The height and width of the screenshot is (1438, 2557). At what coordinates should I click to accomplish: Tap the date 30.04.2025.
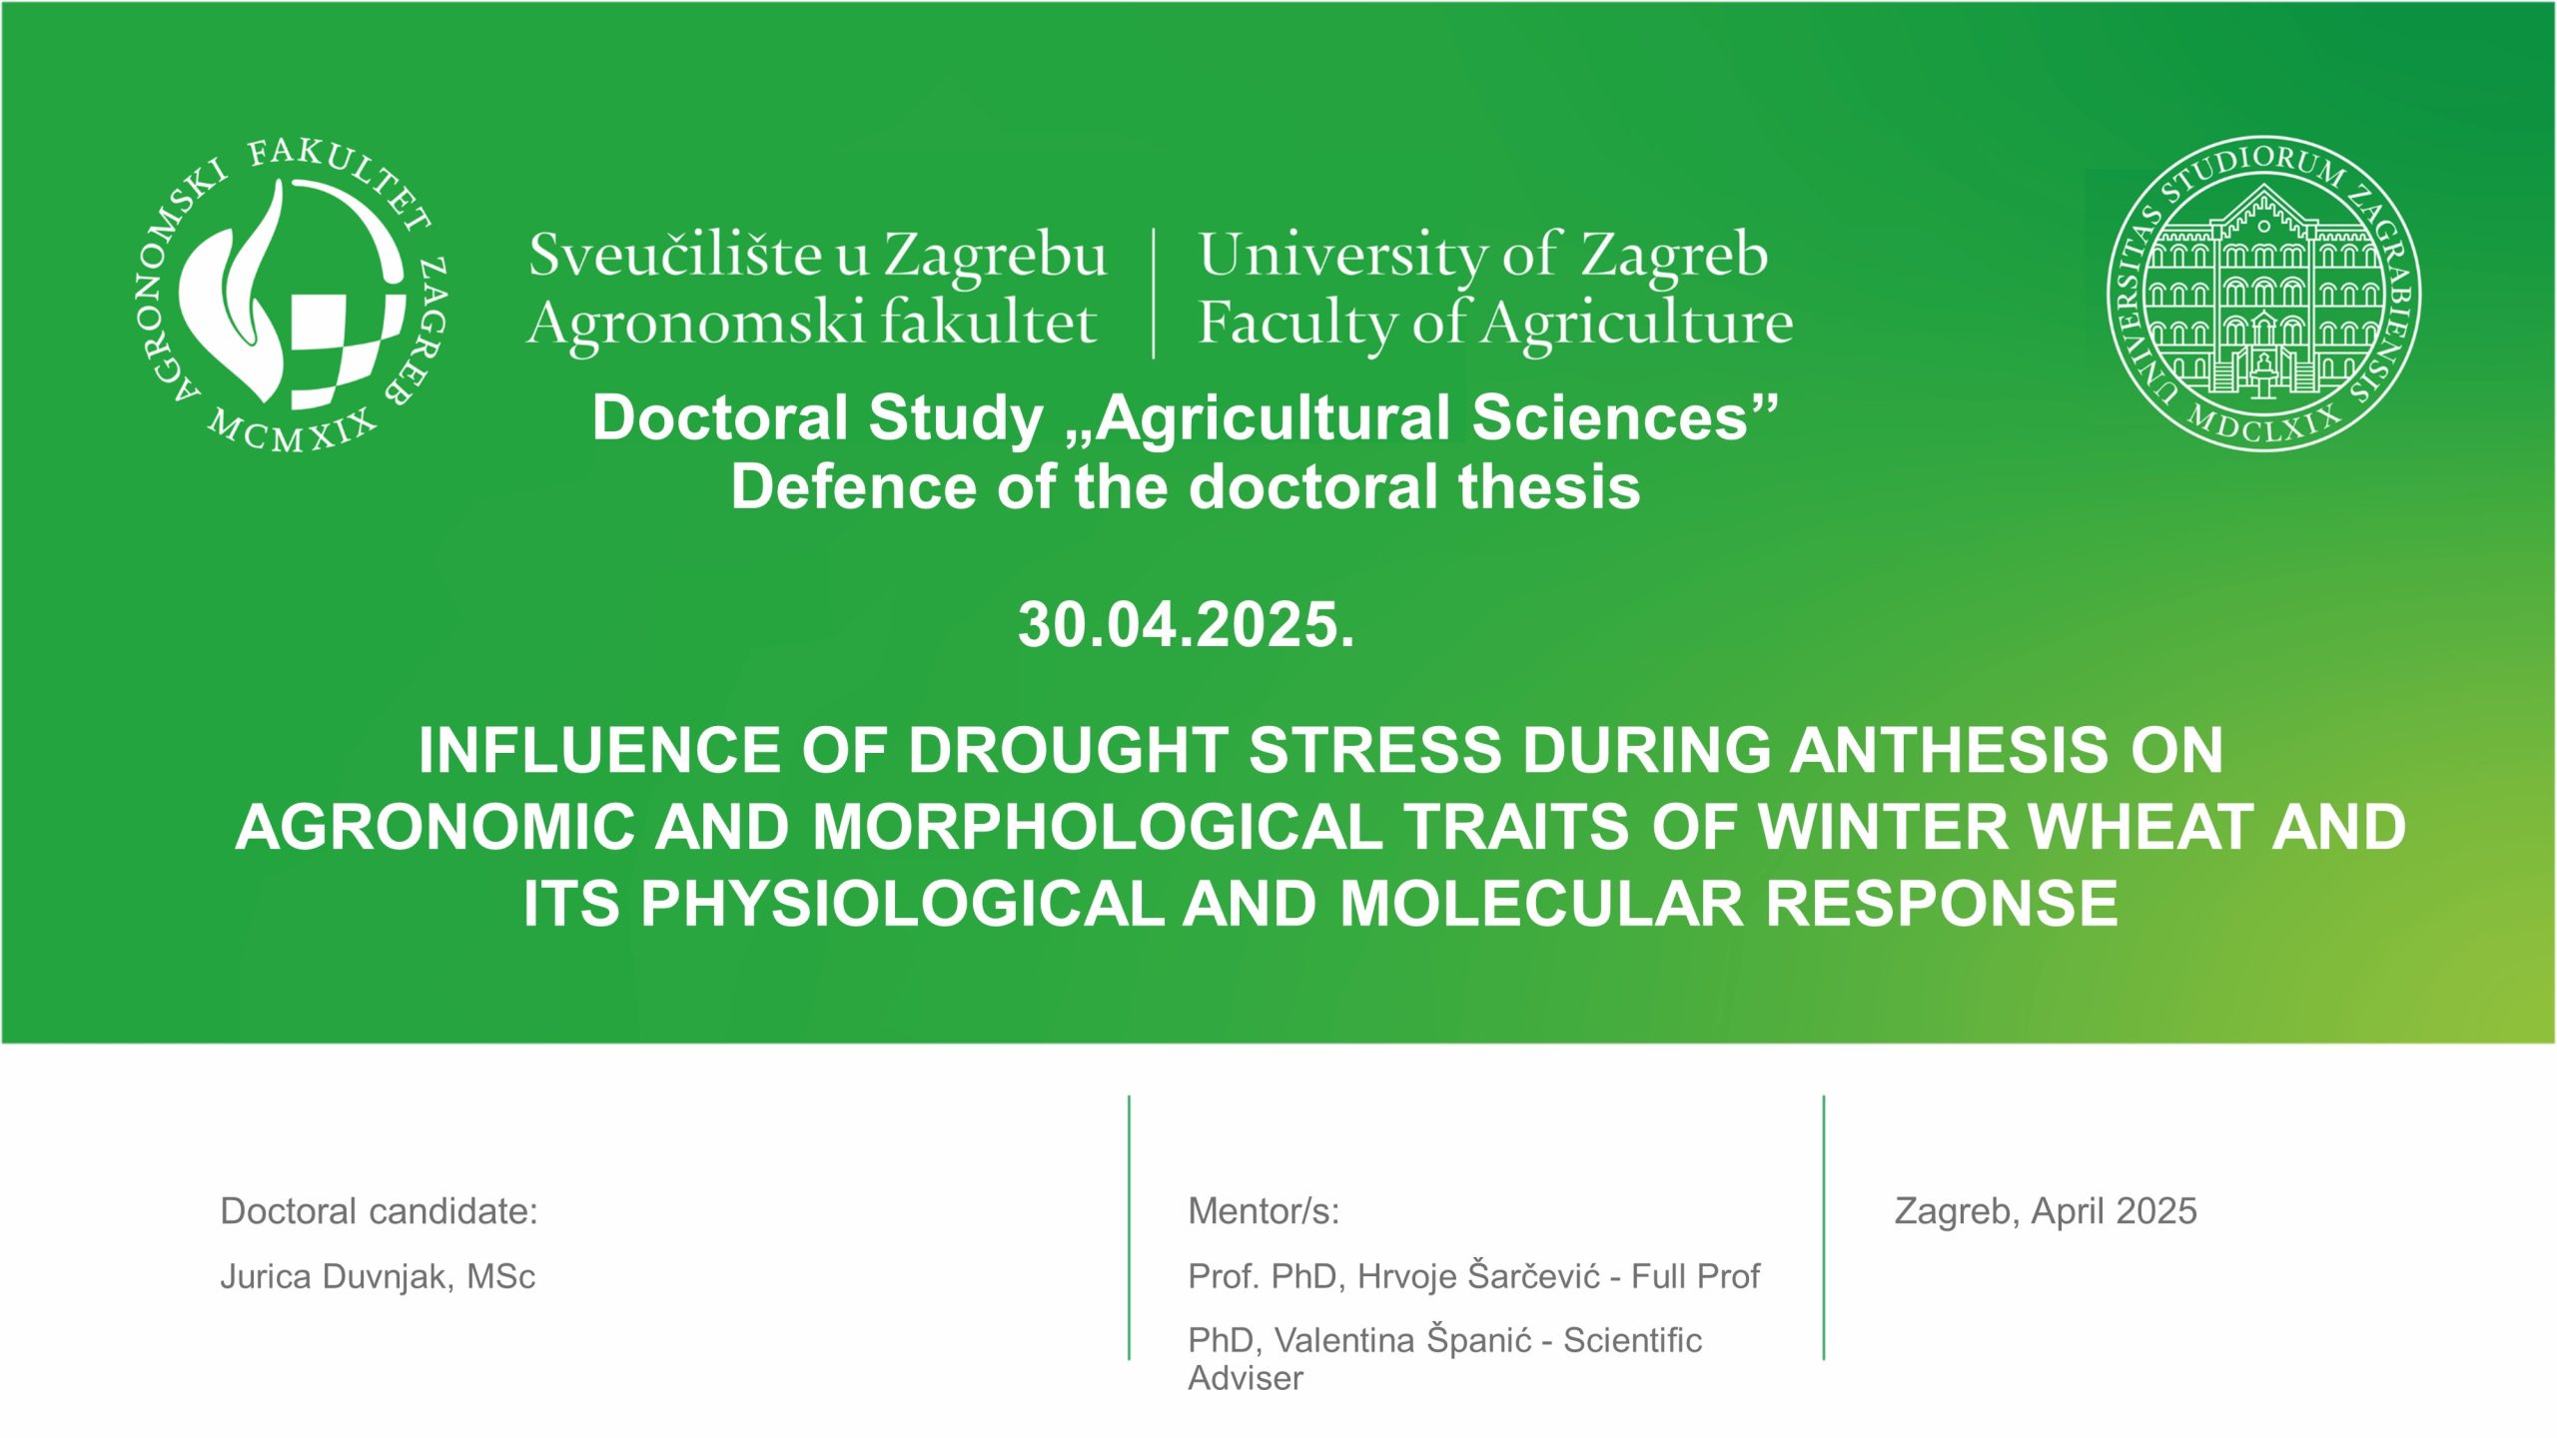(x=1187, y=625)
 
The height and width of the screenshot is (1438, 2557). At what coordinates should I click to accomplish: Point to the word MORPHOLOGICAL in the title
(x=1098, y=827)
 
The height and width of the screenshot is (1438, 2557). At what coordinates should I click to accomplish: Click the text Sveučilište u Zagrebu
(x=818, y=256)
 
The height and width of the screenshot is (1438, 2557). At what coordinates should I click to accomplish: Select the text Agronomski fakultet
(x=812, y=324)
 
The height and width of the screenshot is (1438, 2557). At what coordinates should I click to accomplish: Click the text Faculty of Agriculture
(x=1495, y=324)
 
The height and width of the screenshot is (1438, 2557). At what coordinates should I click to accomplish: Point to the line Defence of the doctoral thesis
(x=1186, y=487)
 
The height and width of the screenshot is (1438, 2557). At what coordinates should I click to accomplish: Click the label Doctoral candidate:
(x=380, y=1211)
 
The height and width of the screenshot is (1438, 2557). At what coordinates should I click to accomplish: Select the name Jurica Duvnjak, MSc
(x=378, y=1276)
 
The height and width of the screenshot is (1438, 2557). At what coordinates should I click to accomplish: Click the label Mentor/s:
(x=1264, y=1211)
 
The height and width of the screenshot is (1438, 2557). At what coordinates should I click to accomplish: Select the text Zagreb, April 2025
(x=2046, y=1211)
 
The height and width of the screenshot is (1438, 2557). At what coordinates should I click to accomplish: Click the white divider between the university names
(x=1154, y=293)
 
